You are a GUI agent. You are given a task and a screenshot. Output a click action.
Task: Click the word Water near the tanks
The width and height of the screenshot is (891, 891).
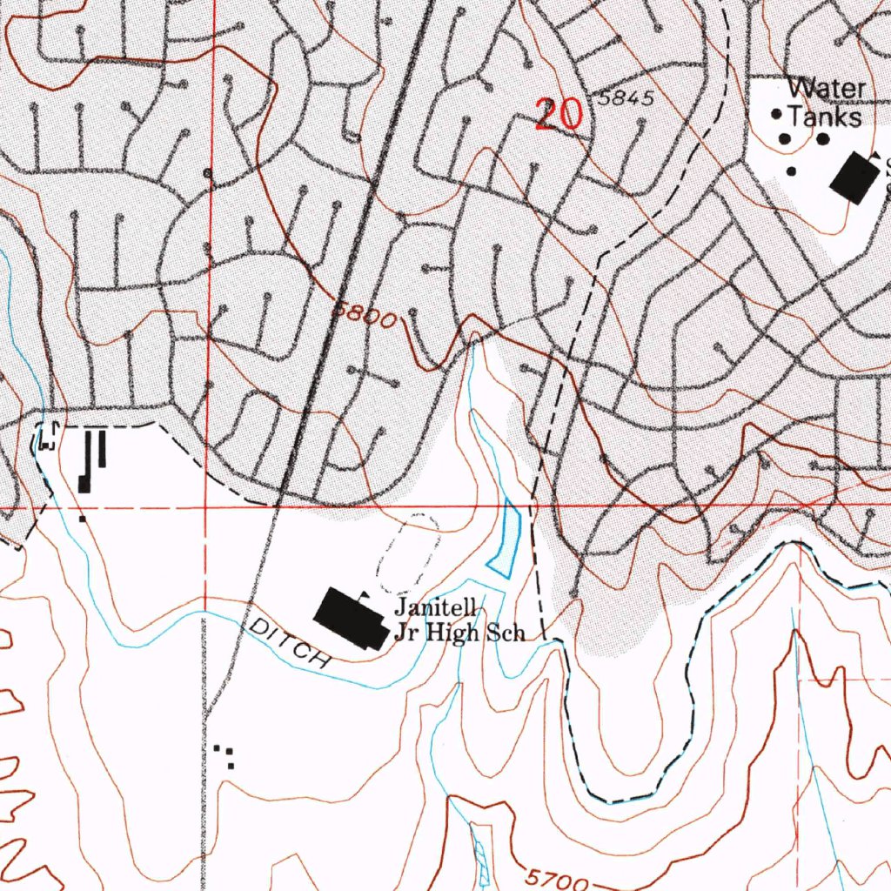pos(827,89)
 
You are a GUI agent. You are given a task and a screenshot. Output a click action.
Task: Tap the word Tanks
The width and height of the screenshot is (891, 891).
pos(825,117)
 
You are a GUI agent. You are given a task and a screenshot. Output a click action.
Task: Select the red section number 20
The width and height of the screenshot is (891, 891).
pos(558,115)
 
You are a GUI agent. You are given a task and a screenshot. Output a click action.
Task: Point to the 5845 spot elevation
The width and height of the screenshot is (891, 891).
pos(626,98)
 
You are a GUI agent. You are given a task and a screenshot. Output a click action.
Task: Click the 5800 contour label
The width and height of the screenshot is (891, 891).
pos(365,316)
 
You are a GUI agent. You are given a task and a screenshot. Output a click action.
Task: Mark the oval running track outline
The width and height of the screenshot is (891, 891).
pos(409,549)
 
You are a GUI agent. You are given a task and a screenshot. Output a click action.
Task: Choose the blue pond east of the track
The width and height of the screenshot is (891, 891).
pos(506,539)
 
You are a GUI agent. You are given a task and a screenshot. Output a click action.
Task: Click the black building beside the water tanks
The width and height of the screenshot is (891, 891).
pos(854,178)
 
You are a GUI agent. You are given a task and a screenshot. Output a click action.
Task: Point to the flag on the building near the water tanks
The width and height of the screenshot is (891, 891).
pos(877,155)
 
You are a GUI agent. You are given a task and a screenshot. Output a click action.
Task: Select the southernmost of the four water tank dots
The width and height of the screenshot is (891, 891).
pos(791,171)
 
